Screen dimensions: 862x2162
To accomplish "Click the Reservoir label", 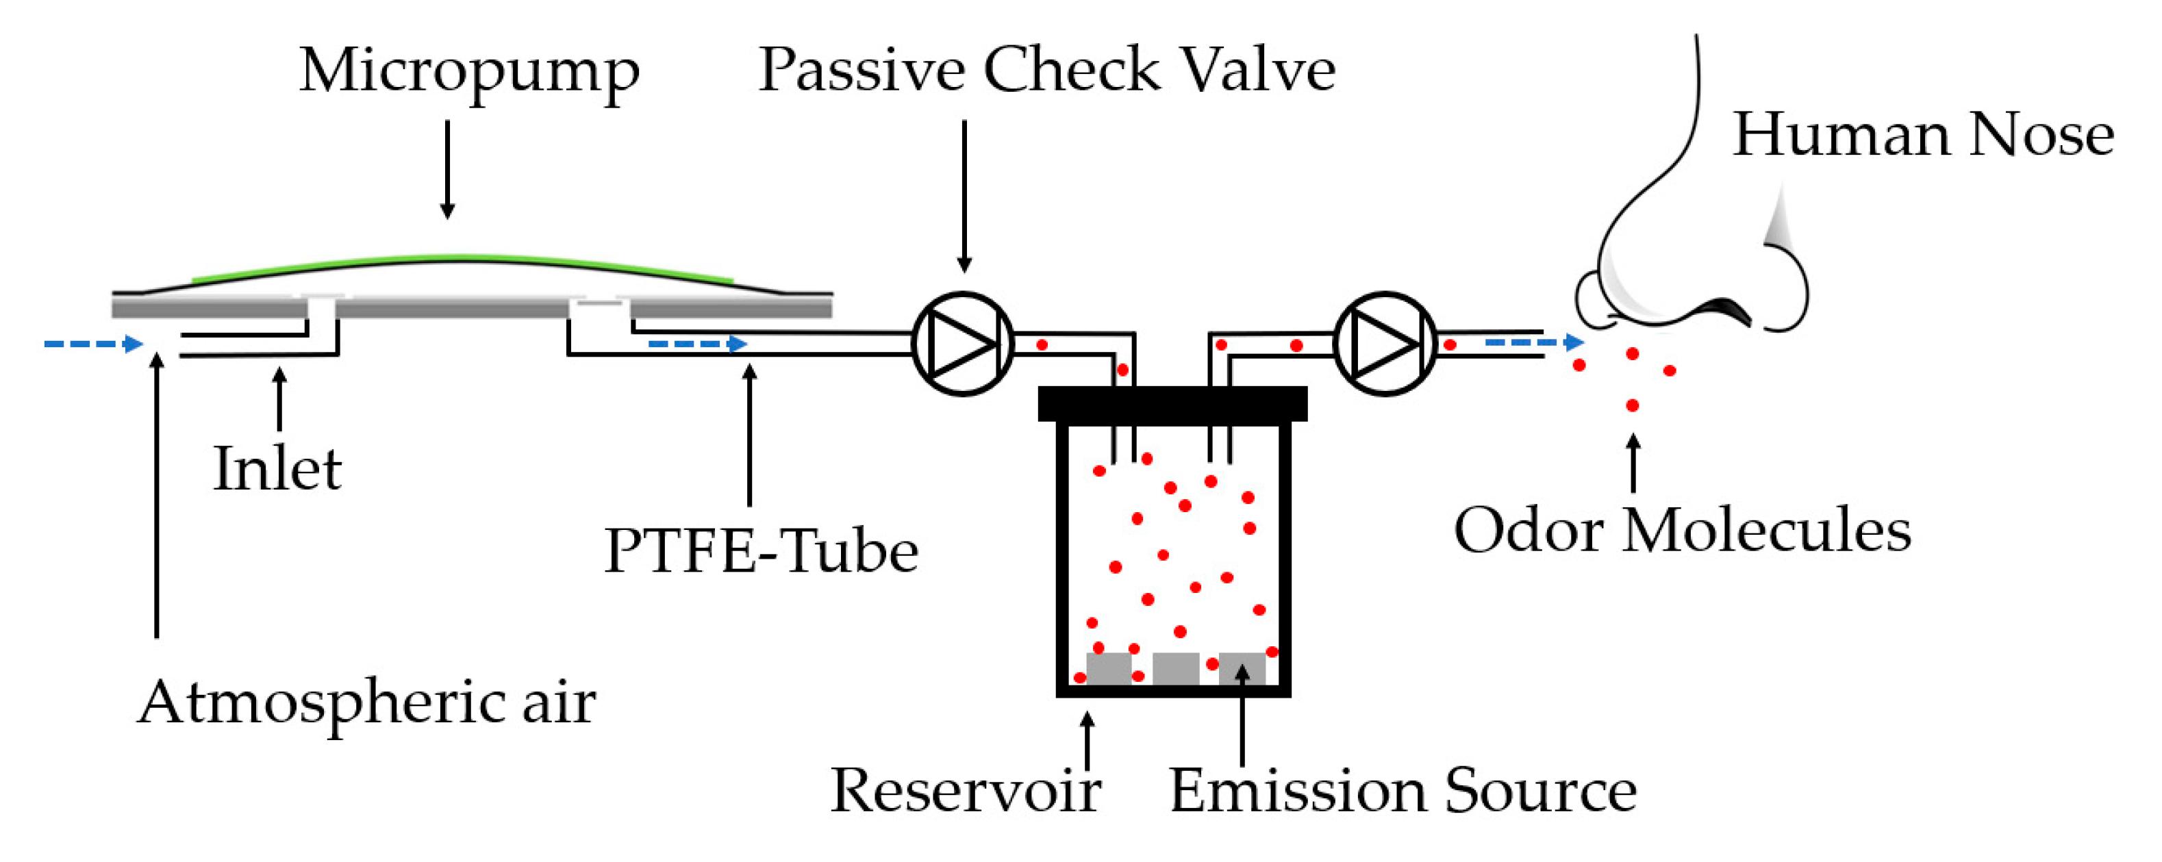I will [965, 790].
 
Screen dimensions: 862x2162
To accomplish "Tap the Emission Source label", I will [1403, 790].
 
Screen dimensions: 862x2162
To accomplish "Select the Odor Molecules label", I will [1682, 531].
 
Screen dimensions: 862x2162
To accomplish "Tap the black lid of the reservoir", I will [1172, 404].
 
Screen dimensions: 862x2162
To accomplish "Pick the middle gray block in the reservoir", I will [1175, 668].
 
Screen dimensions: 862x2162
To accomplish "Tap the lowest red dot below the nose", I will [1633, 406].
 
